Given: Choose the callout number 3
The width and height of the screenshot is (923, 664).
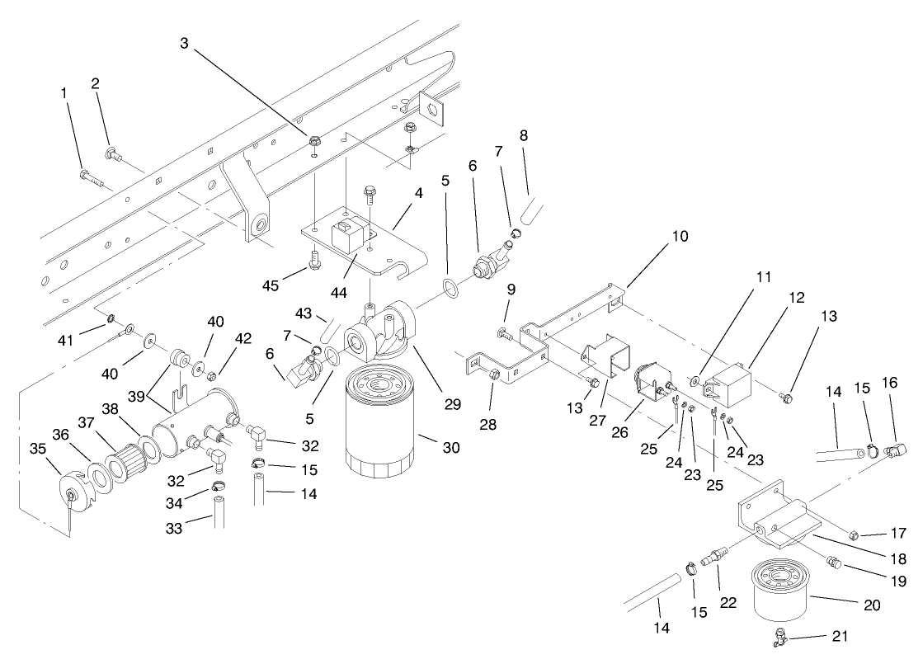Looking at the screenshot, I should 184,42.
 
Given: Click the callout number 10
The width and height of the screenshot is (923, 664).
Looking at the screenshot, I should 680,236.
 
